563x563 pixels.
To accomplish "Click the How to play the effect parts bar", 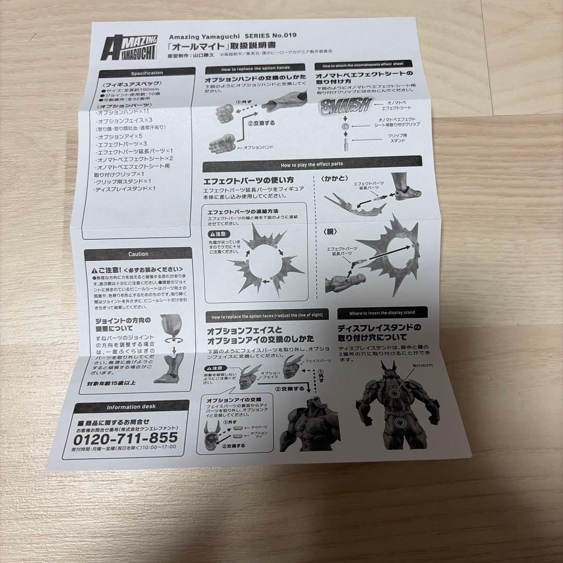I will click(311, 164).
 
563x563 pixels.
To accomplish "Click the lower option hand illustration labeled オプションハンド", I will click(222, 144).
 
